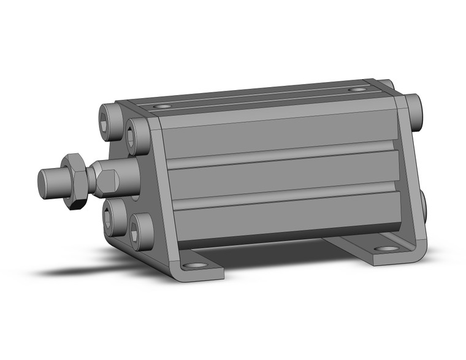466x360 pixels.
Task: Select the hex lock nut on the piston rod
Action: tap(74, 180)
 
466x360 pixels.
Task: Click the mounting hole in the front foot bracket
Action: tap(196, 266)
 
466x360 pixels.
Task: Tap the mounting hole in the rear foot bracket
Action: tap(386, 249)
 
